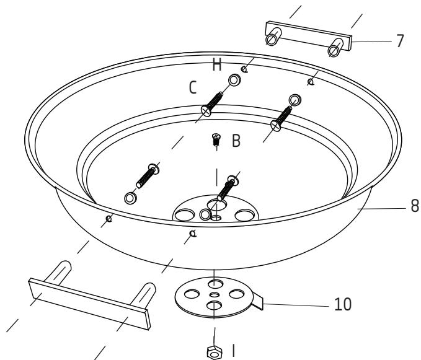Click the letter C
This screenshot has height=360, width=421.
coord(193,89)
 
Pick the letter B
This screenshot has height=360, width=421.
coord(236,141)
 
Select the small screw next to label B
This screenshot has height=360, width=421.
coord(216,140)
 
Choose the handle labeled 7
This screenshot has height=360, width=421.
coord(308,37)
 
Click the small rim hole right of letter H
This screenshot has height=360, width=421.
coord(310,82)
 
